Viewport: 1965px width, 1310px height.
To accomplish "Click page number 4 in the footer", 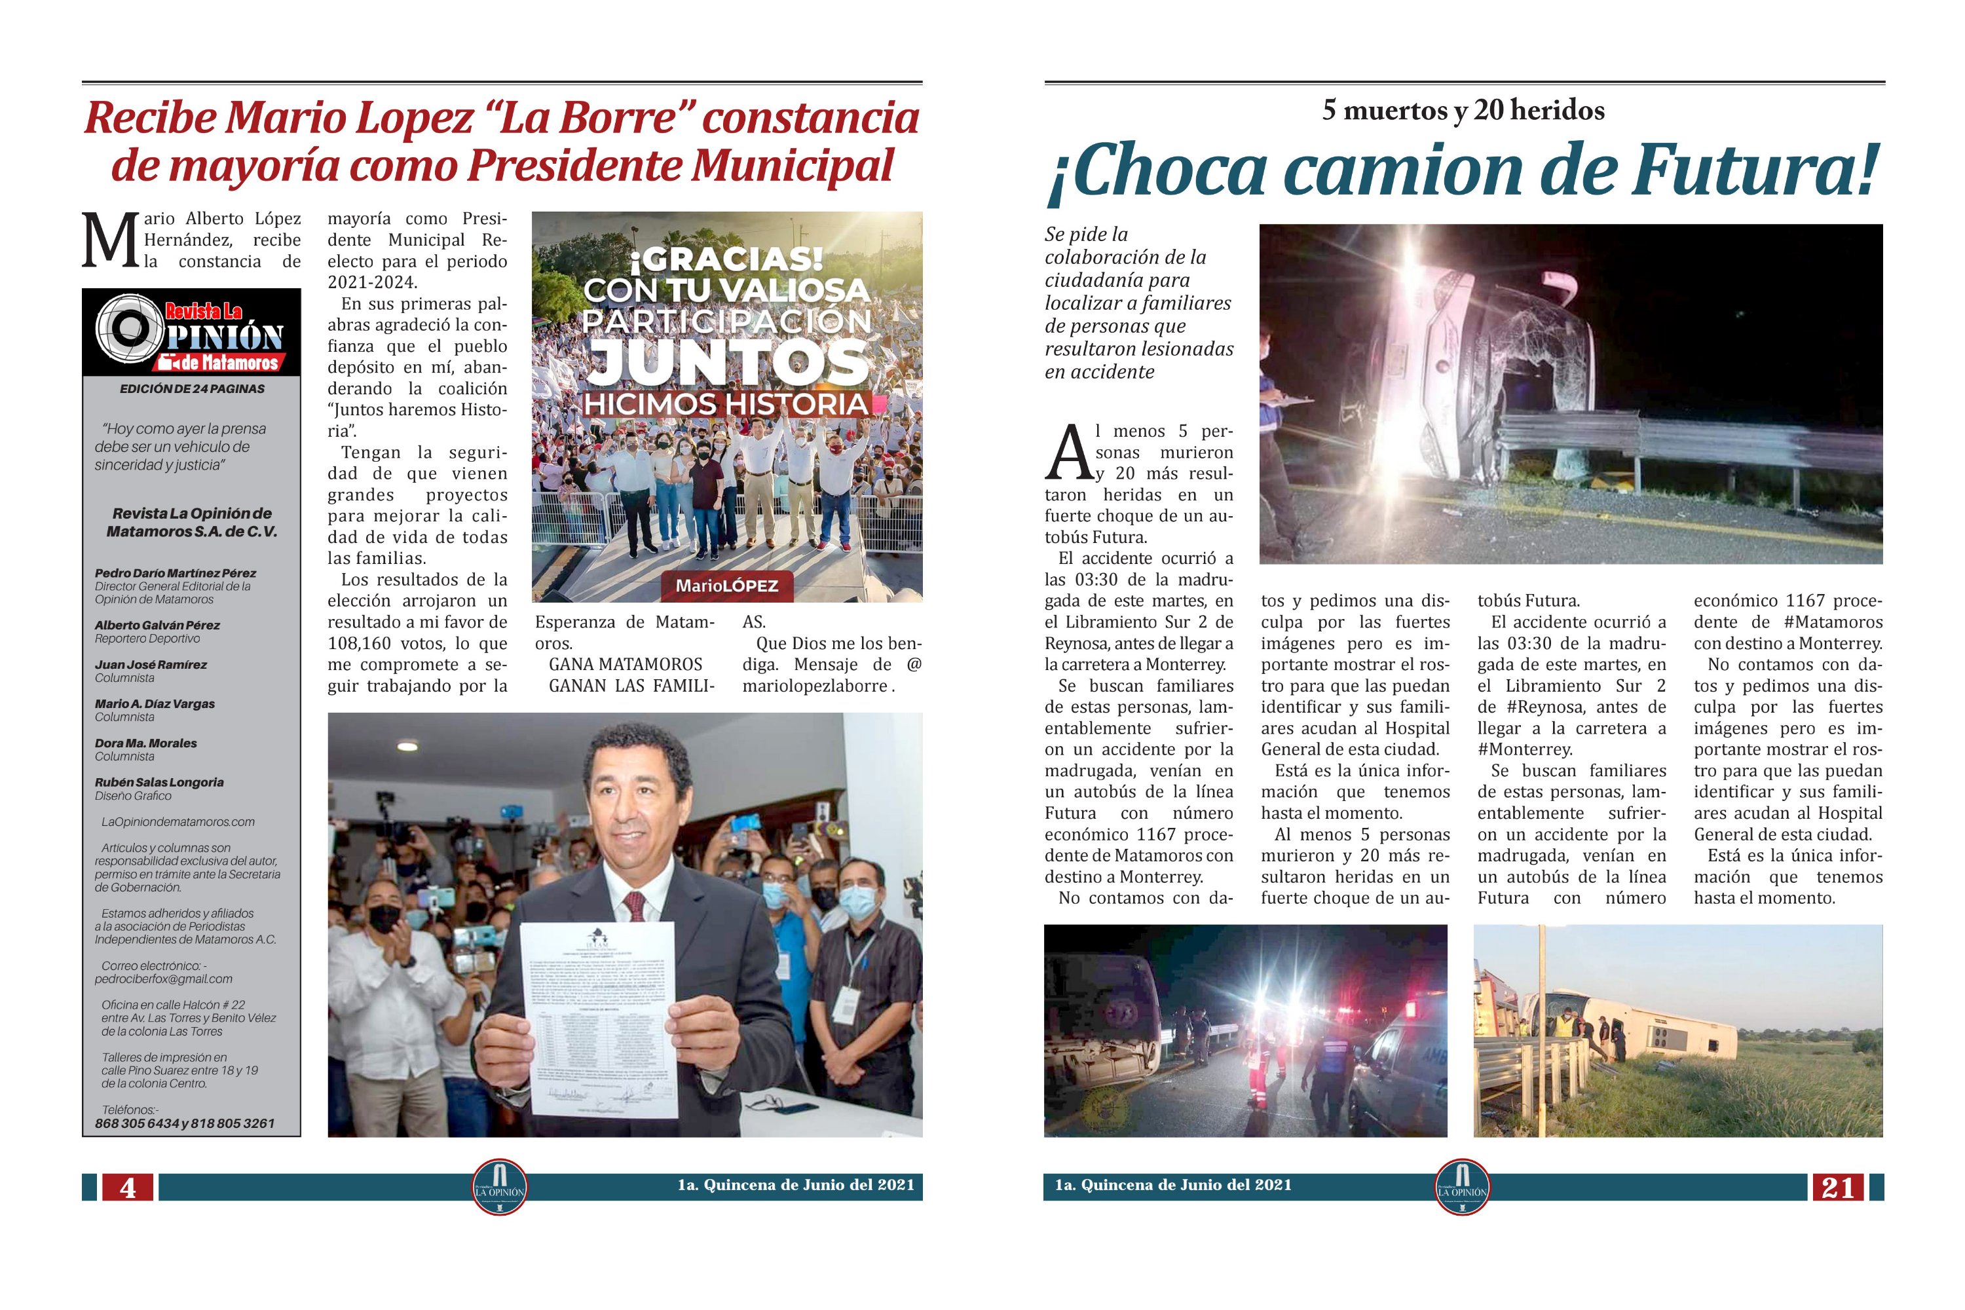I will (x=128, y=1187).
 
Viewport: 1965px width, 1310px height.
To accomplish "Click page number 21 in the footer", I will (x=1837, y=1187).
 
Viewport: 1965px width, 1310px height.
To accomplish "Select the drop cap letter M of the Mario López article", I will (x=109, y=240).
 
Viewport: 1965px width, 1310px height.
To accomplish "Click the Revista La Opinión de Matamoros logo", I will (x=191, y=333).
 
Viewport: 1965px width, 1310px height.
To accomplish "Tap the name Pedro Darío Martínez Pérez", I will (x=175, y=573).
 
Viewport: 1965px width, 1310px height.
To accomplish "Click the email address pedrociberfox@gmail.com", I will (x=163, y=979).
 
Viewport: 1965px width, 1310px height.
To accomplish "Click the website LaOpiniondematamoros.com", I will (x=178, y=822).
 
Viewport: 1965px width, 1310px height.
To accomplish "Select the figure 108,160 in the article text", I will (x=361, y=643).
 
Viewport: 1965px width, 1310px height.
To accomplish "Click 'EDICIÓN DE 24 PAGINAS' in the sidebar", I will (x=192, y=389).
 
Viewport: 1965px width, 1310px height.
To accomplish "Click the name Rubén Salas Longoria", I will (x=159, y=783).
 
